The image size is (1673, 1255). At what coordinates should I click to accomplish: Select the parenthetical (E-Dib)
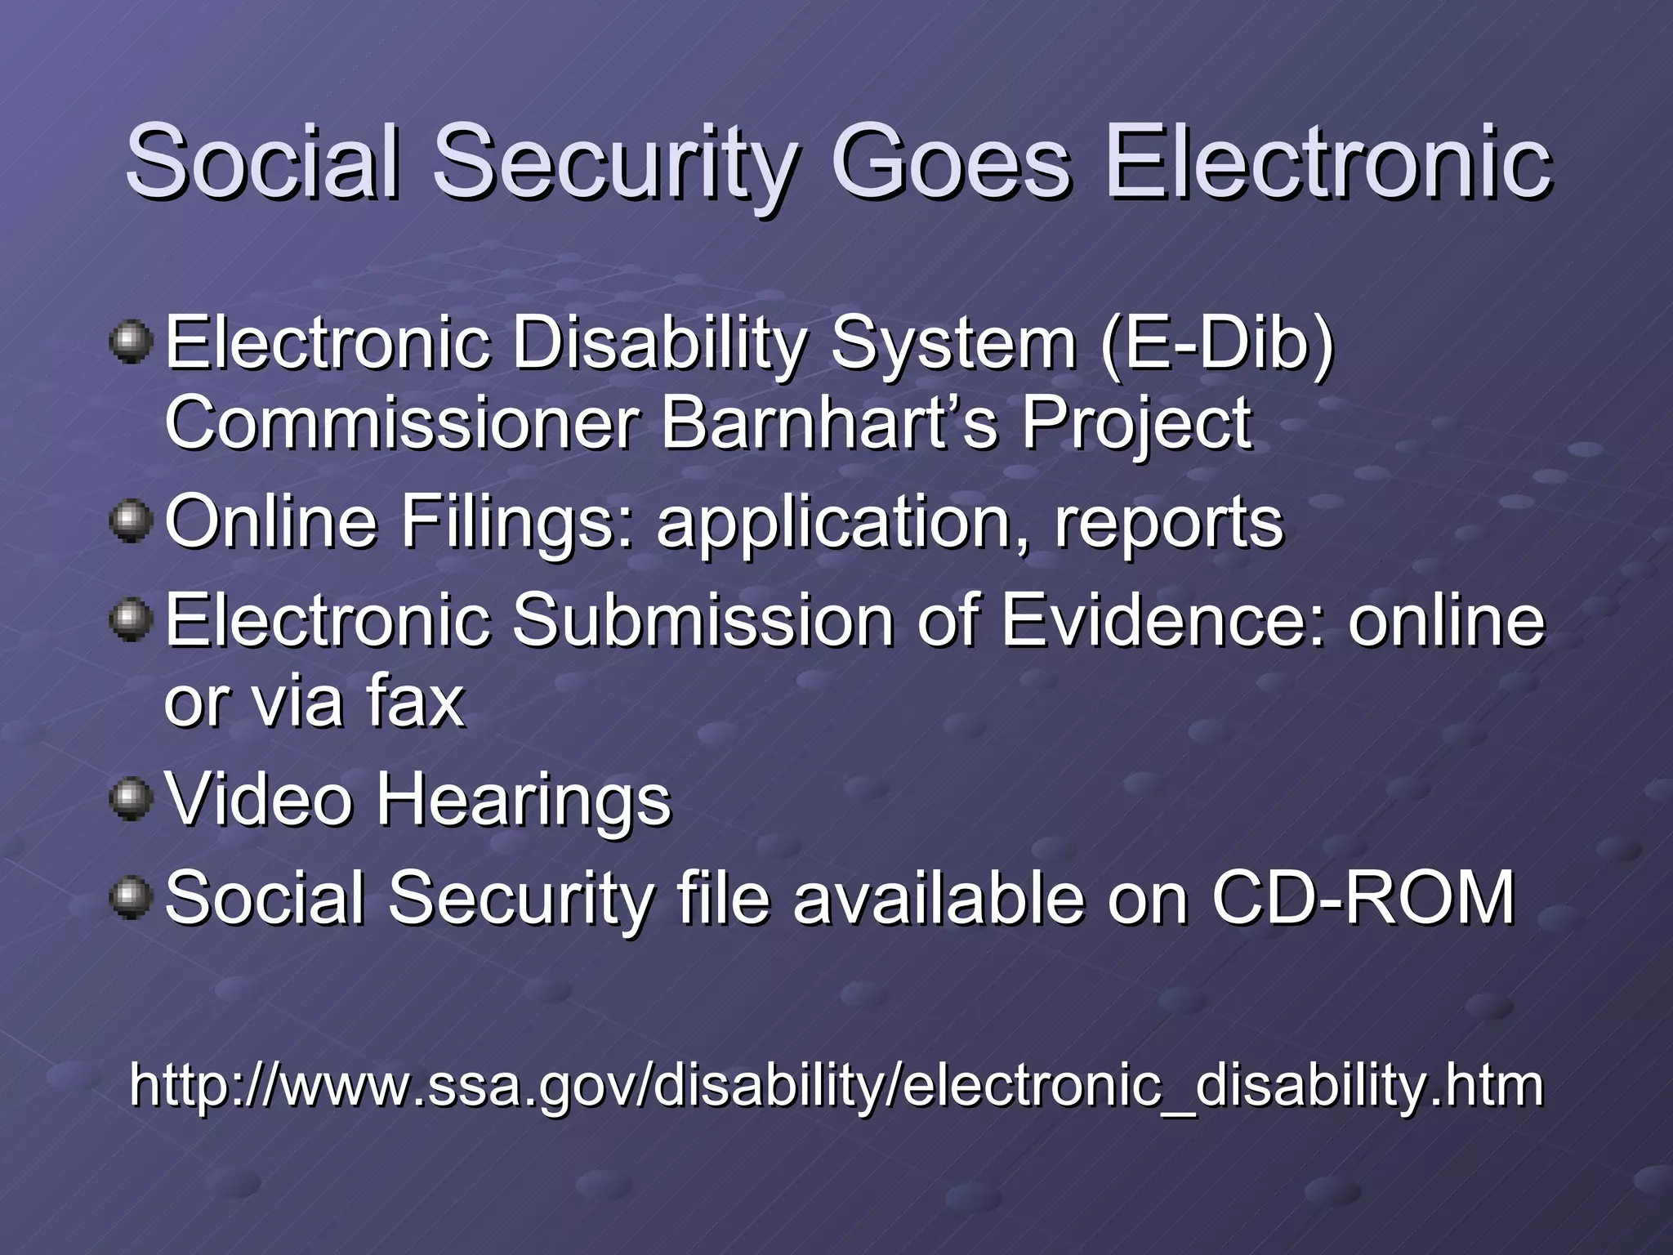(x=1216, y=343)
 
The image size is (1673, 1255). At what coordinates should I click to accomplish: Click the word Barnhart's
(x=828, y=423)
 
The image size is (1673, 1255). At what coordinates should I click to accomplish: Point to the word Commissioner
(x=401, y=423)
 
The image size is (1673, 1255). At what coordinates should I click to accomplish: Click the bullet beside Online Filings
(x=131, y=521)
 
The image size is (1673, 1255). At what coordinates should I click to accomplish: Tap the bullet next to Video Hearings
(x=131, y=798)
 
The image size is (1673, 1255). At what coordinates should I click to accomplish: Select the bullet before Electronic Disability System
(x=131, y=342)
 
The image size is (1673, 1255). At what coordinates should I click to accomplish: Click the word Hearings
(x=523, y=802)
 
